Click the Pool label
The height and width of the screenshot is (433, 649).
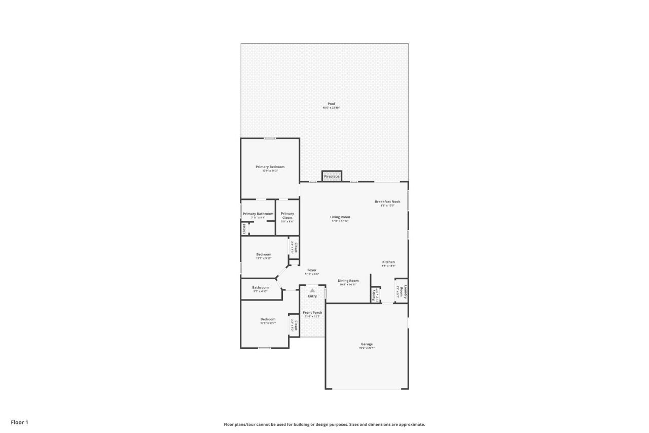tap(331, 104)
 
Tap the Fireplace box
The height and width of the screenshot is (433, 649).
tap(332, 176)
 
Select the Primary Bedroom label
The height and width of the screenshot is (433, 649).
tap(270, 167)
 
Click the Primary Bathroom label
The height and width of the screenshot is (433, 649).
tap(258, 214)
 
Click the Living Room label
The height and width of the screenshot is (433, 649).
tap(340, 217)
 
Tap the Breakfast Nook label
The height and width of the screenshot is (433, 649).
tap(387, 202)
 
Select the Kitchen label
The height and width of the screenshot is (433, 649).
tap(388, 262)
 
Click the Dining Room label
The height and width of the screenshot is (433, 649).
tap(348, 281)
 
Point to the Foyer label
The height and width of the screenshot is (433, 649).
tap(312, 270)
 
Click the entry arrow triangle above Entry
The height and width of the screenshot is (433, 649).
tap(312, 290)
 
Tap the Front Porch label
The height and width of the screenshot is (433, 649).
tap(312, 313)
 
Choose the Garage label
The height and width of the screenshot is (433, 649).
tap(367, 344)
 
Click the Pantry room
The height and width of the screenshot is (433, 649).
tap(374, 295)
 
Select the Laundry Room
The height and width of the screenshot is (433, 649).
tap(402, 291)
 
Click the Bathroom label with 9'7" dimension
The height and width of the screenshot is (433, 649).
tap(260, 288)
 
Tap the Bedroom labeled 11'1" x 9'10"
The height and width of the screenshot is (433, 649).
tap(264, 254)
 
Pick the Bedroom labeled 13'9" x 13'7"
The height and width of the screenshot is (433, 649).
tap(268, 319)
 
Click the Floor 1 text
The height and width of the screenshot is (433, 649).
tap(20, 422)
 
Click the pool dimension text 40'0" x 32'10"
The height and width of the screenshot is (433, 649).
tap(331, 108)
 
